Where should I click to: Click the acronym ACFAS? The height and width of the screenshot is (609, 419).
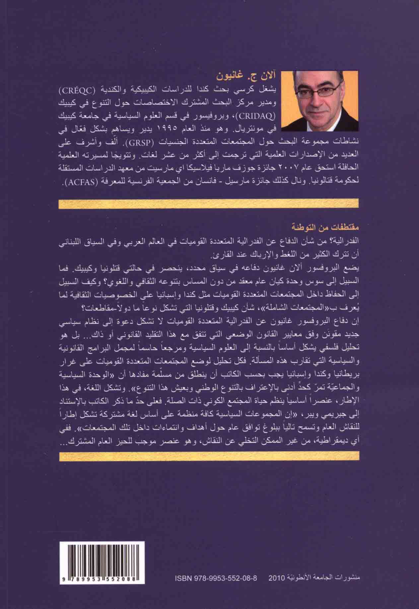(77, 182)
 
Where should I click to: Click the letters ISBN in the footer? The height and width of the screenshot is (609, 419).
(183, 586)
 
